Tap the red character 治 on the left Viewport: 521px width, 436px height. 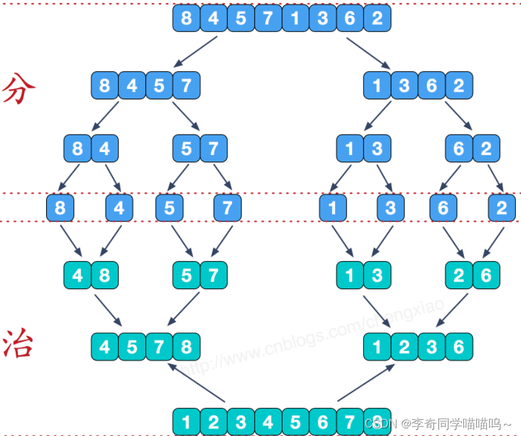pos(17,344)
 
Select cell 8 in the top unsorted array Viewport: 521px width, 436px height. pos(186,18)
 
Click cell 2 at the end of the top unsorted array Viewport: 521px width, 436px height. pos(377,18)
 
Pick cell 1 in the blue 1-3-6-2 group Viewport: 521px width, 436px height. pos(377,85)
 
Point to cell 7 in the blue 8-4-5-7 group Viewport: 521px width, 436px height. pos(186,85)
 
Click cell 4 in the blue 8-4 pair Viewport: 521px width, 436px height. pos(104,149)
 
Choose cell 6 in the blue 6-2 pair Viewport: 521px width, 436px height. pos(459,149)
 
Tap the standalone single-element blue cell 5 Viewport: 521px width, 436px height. pos(170,208)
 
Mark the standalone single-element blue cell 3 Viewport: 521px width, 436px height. pos(391,208)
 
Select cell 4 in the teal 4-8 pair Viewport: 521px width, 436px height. pos(78,276)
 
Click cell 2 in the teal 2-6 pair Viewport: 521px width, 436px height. pos(459,276)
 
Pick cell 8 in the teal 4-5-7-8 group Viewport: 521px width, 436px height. pos(186,347)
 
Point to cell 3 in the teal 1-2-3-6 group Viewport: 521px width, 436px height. pos(431,347)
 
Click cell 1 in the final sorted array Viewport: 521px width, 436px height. pos(186,422)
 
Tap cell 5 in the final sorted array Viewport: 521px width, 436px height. pos(295,422)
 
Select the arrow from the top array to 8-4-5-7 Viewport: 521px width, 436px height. pos(195,52)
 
